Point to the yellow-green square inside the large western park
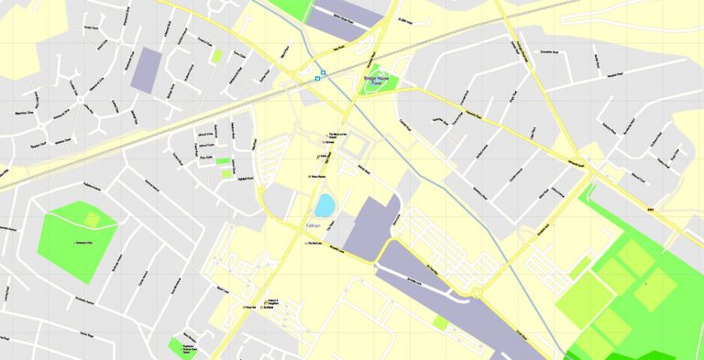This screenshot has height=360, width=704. coord(92,219)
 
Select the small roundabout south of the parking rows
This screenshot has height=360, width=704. coord(477,293)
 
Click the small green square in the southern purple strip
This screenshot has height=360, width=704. coord(441,322)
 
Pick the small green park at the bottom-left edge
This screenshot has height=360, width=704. coord(177,347)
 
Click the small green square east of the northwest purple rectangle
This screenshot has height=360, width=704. coord(217,57)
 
